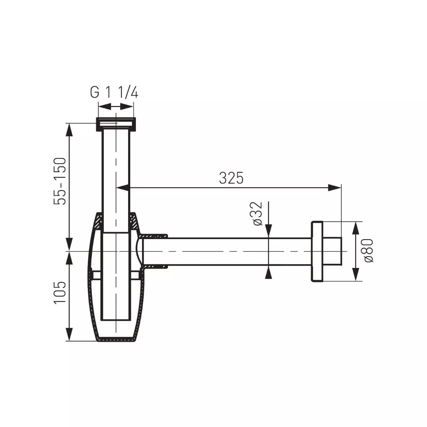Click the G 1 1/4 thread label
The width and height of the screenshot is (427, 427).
pos(114,93)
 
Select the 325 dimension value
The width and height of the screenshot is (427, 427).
pos(231,178)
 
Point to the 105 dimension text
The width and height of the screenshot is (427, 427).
pos(60,292)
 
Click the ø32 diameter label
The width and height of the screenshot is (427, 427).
pos(257,213)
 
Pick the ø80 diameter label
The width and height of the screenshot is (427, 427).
pos(368,251)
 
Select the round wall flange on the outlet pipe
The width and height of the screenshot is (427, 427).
pos(317,252)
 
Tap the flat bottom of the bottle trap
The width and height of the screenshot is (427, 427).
pos(116,340)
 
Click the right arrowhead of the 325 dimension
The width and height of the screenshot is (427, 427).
pos(334,188)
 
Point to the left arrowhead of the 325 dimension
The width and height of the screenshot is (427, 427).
pos(123,188)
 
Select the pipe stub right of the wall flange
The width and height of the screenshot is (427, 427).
pos(333,251)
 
